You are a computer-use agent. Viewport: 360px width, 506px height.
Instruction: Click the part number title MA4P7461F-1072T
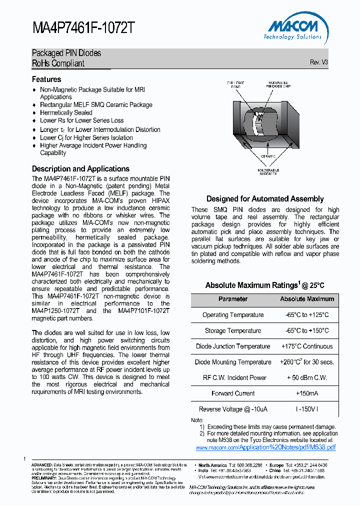[x=83, y=28]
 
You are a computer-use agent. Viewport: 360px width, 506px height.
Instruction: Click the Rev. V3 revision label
[x=318, y=62]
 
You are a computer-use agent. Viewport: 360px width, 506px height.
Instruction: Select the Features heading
[x=46, y=79]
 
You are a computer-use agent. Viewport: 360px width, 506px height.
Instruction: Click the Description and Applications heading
[x=80, y=169]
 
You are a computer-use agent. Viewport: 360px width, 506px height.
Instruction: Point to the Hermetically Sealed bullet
[x=66, y=112]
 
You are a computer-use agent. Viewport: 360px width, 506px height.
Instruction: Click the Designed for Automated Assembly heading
[x=265, y=199]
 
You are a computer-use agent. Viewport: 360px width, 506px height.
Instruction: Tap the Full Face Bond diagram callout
[x=235, y=84]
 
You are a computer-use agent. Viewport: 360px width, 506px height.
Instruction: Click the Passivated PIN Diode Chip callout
[x=278, y=84]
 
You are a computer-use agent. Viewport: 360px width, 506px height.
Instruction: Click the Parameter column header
[x=232, y=299]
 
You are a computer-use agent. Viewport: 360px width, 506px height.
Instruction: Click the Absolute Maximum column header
[x=306, y=299]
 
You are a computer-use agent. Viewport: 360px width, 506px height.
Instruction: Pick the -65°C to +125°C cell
[x=306, y=315]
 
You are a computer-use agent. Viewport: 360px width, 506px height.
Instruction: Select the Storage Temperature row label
[x=232, y=330]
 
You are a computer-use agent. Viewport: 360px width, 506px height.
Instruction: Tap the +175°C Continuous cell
[x=306, y=346]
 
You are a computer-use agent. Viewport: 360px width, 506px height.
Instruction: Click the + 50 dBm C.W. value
[x=306, y=377]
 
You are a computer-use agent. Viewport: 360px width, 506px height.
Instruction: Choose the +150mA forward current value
[x=306, y=393]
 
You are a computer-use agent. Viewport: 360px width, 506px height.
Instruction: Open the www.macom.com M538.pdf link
[x=265, y=447]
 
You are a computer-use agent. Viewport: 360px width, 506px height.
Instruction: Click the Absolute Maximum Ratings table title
[x=264, y=285]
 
